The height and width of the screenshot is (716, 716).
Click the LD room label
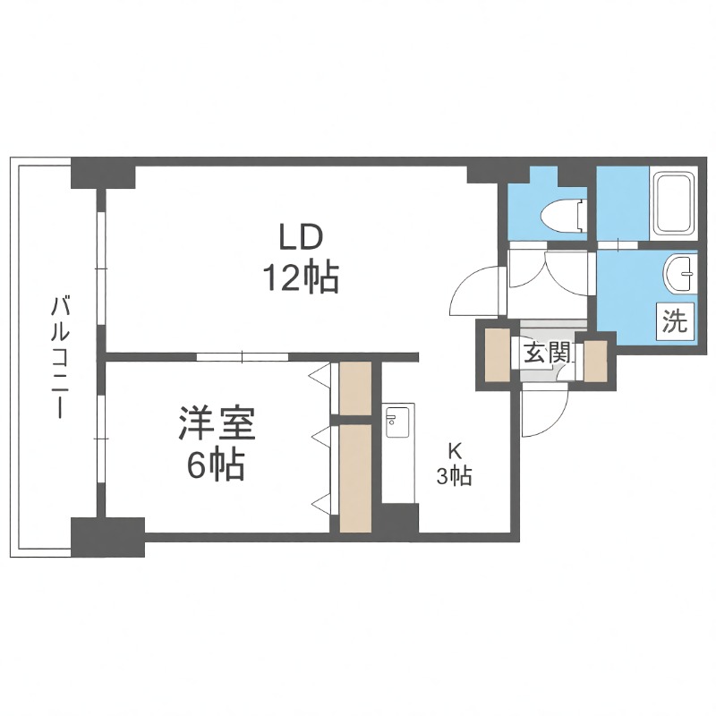point(299,239)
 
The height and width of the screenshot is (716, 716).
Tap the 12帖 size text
point(299,279)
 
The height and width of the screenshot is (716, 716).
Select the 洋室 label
point(217,424)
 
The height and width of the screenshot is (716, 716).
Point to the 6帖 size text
point(216,465)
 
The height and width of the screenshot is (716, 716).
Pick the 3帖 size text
point(454,476)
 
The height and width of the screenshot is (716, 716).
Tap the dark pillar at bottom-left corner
point(107,536)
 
